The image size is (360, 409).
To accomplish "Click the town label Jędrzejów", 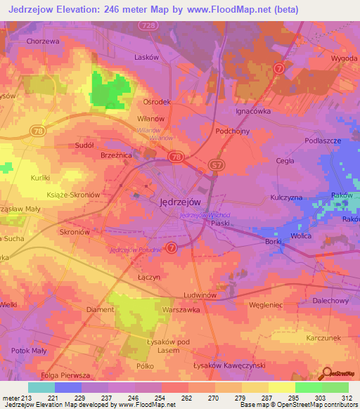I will [x=176, y=200].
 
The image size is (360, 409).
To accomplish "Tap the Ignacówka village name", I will [x=252, y=110].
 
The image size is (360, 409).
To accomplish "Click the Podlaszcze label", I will [x=303, y=141].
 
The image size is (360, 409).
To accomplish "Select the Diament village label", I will [x=100, y=309].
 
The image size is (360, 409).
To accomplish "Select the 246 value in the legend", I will [x=134, y=398].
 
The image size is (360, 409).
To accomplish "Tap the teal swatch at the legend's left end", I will [x=41, y=387].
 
